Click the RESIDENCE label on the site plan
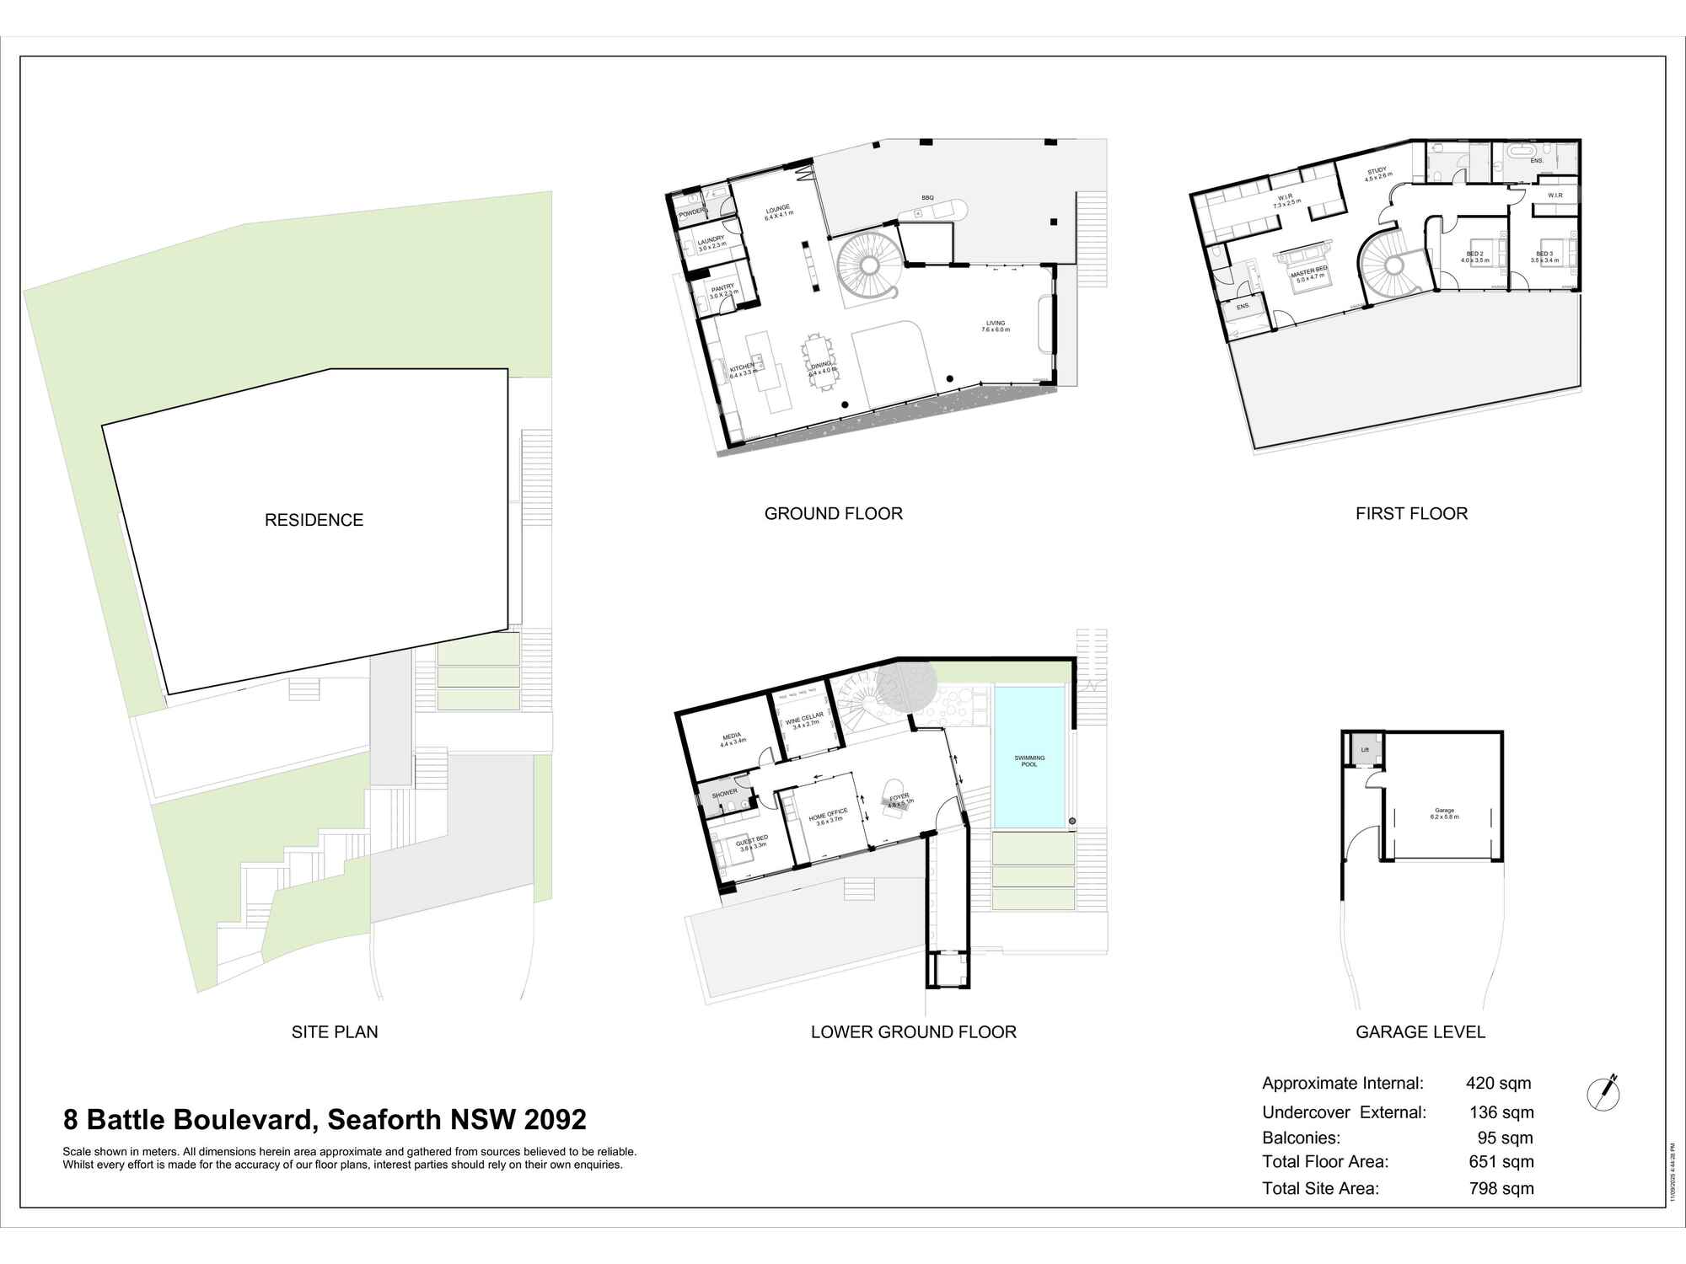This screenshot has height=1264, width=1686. (x=314, y=520)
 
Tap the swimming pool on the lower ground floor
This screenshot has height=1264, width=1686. (x=1028, y=758)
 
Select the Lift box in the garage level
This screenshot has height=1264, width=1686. (x=1365, y=749)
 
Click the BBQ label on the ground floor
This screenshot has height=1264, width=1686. (x=927, y=198)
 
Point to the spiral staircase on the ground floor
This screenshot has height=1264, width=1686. (x=868, y=265)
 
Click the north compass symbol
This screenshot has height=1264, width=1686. (x=1603, y=1094)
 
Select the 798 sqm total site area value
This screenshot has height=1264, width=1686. (x=1501, y=1188)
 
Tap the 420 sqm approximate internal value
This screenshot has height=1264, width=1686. (x=1498, y=1084)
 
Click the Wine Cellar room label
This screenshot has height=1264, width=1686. (x=804, y=720)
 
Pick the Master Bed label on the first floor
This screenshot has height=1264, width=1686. (x=1311, y=272)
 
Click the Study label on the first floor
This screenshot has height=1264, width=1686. (x=1377, y=174)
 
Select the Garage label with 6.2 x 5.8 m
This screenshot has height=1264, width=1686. (x=1445, y=813)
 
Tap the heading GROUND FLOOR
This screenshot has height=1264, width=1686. (x=833, y=513)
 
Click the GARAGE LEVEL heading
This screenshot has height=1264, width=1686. (x=1420, y=1031)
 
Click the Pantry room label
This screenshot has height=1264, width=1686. (x=723, y=291)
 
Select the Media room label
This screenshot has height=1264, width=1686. (x=732, y=739)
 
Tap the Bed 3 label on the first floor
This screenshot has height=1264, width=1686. (x=1544, y=256)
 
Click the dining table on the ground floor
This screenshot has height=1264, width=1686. (x=818, y=362)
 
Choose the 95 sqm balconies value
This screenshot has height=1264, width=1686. (x=1505, y=1138)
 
